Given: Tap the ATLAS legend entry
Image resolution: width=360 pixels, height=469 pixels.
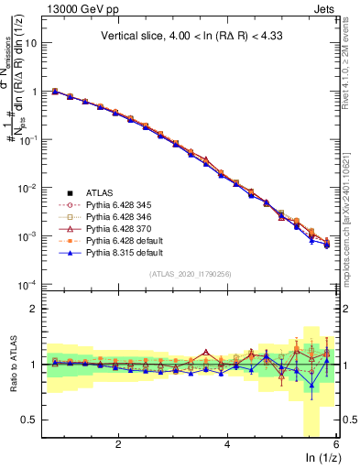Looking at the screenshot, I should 108,192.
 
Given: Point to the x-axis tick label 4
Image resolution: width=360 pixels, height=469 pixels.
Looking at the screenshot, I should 228,445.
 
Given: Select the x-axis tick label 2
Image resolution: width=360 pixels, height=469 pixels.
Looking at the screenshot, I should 118,445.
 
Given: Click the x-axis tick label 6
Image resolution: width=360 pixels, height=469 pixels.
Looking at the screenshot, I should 337,445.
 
